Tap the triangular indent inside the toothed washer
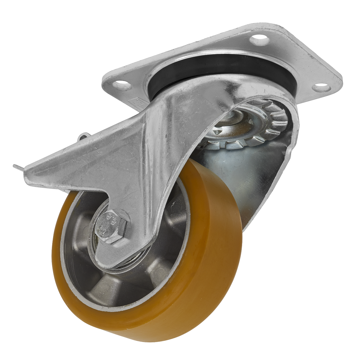tap(217, 131)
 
